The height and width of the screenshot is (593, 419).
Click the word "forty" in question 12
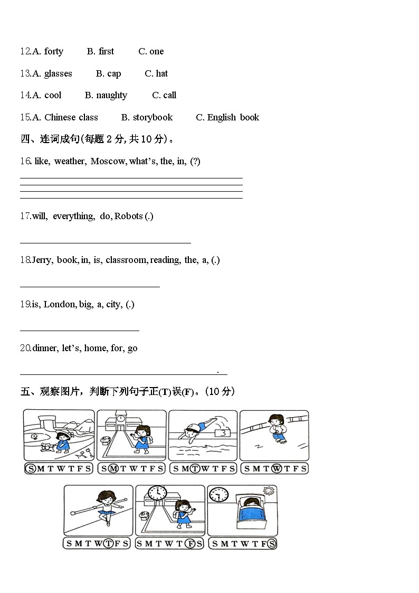(53, 51)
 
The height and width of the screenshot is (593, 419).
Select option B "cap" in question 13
(114, 73)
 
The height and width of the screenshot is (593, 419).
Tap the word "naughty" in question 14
(111, 95)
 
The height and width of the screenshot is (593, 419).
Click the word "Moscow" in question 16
(108, 161)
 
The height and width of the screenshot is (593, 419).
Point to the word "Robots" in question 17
(129, 216)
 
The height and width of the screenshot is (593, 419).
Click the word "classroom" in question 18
(127, 260)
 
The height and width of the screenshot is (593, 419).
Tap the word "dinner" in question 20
(45, 348)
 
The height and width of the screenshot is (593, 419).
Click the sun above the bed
(269, 492)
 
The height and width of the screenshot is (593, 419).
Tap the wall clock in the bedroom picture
(218, 495)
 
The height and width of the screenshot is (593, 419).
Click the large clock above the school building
(157, 493)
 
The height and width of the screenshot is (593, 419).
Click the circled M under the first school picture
(112, 468)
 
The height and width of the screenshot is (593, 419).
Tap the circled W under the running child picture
(275, 468)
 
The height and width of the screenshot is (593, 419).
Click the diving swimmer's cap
(196, 427)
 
